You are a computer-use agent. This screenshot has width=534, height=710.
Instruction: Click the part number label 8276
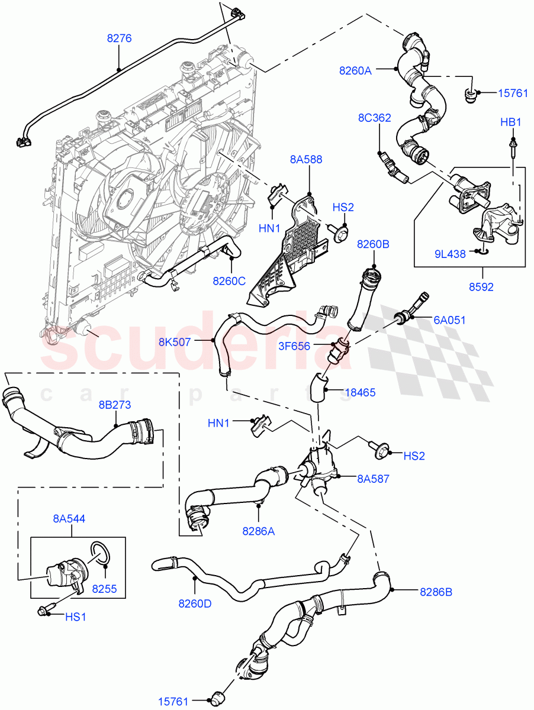[119, 38]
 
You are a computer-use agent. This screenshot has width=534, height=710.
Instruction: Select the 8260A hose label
[355, 70]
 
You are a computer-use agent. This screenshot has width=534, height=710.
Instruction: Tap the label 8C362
[374, 118]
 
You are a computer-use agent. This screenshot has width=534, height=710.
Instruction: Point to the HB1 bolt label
[510, 122]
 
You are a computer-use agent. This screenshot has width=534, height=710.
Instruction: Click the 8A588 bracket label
[306, 159]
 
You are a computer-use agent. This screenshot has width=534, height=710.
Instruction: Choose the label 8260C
[229, 281]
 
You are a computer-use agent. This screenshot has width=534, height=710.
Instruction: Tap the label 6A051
[449, 320]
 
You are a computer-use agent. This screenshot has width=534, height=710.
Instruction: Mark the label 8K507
[175, 341]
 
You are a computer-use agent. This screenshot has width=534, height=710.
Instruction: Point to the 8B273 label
[114, 405]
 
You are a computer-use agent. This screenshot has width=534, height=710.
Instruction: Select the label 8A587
[373, 479]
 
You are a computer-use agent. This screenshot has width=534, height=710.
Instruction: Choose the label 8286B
[436, 590]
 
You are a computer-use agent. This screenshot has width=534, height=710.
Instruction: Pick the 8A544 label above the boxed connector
[69, 519]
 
